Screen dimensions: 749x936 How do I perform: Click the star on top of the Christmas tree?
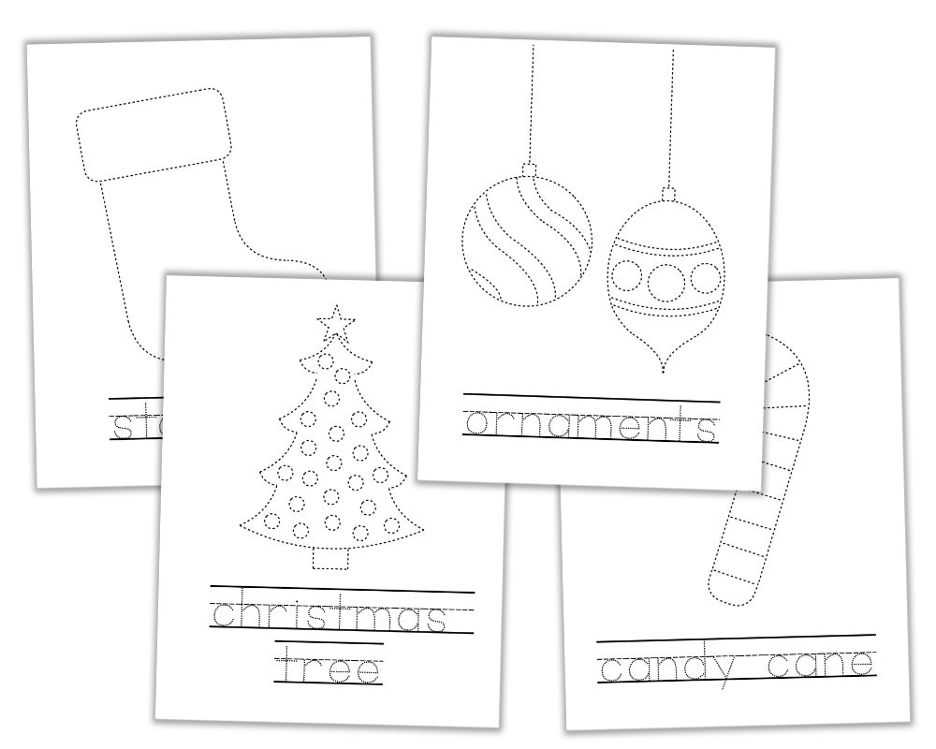[337, 323]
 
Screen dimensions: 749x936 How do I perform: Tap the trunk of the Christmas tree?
[329, 556]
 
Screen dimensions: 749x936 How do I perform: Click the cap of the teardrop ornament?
[668, 194]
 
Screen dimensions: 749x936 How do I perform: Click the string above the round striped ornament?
[531, 103]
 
